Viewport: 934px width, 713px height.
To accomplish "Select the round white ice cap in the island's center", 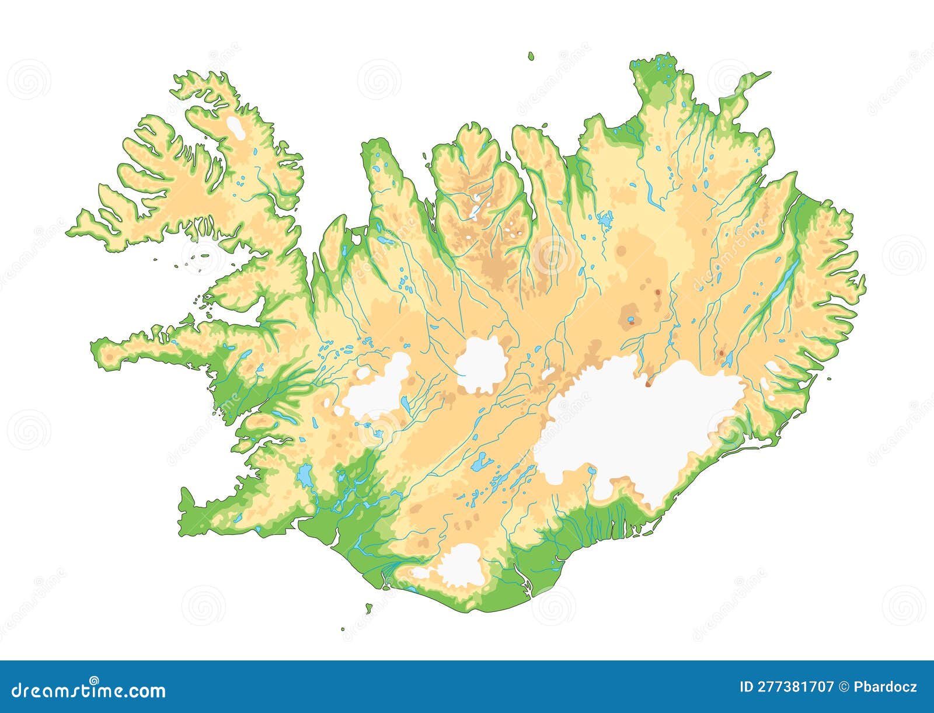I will (480, 365).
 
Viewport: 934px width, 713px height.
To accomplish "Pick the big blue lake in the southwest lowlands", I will (304, 476).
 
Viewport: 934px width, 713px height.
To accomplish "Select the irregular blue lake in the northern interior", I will (605, 220).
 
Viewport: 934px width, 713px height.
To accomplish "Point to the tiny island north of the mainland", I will (531, 56).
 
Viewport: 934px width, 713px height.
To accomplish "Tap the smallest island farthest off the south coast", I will (343, 629).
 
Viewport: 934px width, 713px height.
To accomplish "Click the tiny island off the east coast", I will (829, 378).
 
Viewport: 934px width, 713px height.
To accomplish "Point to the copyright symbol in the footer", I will (844, 687).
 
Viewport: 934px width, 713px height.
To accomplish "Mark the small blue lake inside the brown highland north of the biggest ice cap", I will (630, 319).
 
